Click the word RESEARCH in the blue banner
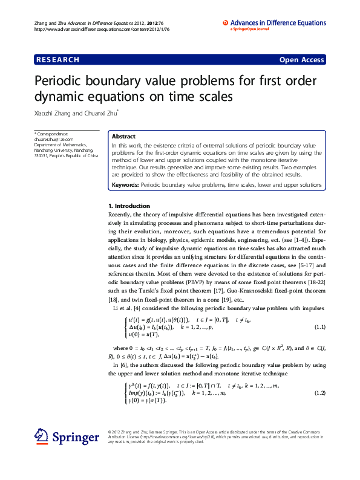(58, 60)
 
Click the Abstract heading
(123, 137)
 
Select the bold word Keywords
(125, 184)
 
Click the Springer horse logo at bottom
(41, 436)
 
